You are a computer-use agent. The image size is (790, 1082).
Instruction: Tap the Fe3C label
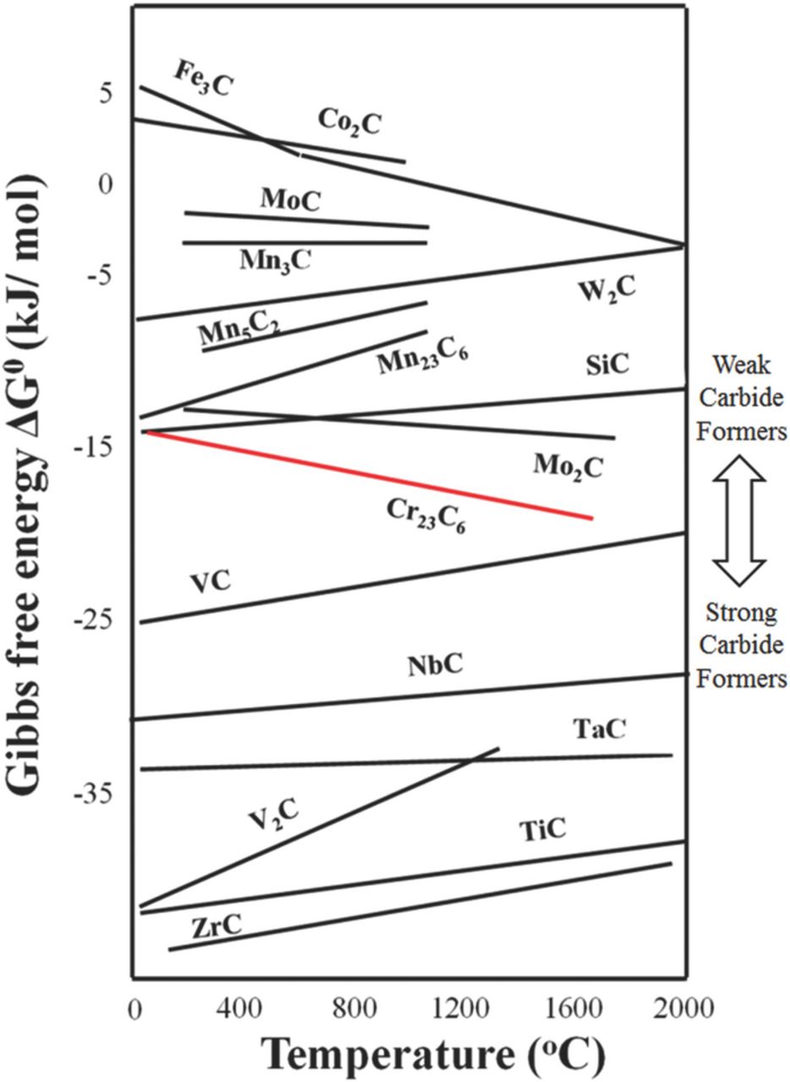pos(203,78)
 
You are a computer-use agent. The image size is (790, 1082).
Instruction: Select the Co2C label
pos(349,123)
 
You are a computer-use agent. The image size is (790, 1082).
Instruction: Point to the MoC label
pos(291,199)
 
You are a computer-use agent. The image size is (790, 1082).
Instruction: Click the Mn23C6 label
pos(422,358)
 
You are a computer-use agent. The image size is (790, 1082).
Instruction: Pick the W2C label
pos(607,290)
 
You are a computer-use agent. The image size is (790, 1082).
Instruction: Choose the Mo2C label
pos(568,465)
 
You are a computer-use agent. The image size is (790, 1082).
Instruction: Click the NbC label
pos(435,665)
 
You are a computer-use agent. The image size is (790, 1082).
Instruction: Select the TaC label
pos(599,729)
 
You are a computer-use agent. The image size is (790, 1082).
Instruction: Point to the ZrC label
pos(217,926)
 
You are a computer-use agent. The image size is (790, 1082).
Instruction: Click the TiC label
pos(542,830)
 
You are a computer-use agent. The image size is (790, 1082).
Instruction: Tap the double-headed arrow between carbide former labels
pos(739,520)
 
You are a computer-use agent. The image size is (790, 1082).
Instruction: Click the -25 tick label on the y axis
pos(93,620)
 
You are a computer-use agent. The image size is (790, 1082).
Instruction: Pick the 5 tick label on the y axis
pos(106,93)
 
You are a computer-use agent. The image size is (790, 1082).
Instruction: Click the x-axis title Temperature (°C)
pos(433,1053)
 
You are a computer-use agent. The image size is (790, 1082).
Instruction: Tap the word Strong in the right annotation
pos(742,612)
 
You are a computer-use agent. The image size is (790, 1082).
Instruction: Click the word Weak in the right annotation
pos(742,366)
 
